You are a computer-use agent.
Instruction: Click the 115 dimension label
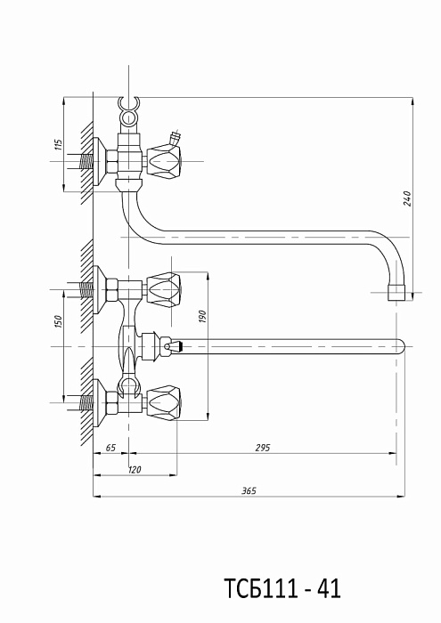pos(59,144)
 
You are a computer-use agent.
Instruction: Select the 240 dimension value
pos(407,198)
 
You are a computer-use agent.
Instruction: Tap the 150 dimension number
pos(58,321)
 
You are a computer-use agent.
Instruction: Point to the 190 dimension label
pos(202,317)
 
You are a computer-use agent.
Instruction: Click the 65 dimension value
pos(110,448)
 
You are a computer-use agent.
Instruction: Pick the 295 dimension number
pos(263,448)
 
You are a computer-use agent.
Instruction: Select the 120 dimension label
pos(135,470)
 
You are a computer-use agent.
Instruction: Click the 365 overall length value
pos(249,490)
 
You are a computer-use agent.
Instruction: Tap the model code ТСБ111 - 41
pos(282,588)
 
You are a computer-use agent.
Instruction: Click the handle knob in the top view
pos(165,161)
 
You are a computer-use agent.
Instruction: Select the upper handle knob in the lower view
pos(165,289)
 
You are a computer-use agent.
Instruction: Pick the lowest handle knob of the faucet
pos(165,402)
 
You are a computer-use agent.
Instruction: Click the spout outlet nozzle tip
pos(396,292)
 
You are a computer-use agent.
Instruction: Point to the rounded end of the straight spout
pos(401,346)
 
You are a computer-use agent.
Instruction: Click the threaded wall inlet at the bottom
pos(86,403)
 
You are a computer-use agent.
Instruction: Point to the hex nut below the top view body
pos(128,185)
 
